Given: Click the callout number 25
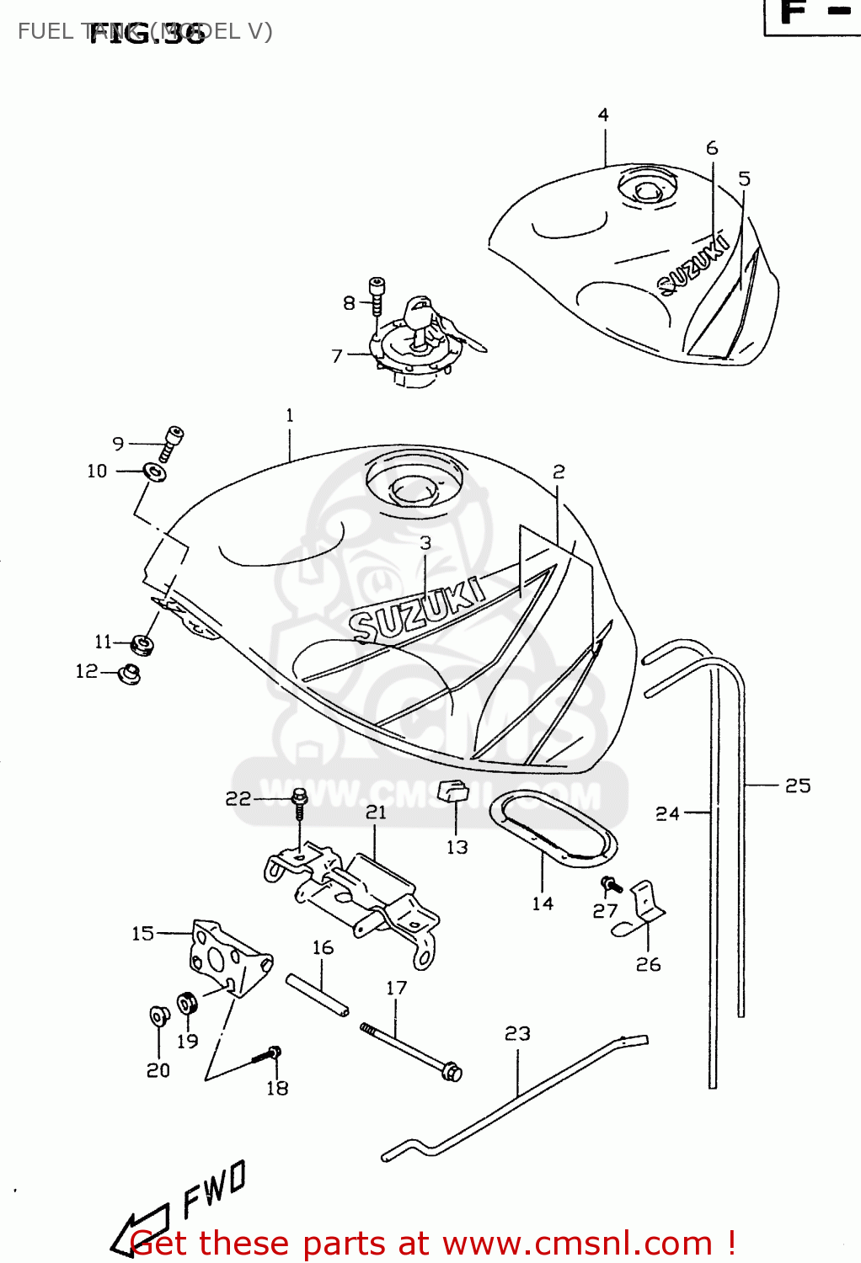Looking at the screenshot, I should pyautogui.click(x=797, y=786).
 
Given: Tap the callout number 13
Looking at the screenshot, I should pyautogui.click(x=457, y=847).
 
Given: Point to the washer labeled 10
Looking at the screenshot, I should pyautogui.click(x=155, y=472).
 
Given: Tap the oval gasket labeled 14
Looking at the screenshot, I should pyautogui.click(x=553, y=829).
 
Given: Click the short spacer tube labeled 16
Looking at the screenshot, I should pyautogui.click(x=318, y=994).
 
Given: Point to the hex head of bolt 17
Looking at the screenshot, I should pyautogui.click(x=452, y=1072).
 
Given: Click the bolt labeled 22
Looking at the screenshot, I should pyautogui.click(x=299, y=801).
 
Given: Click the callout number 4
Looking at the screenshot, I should pyautogui.click(x=603, y=115).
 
